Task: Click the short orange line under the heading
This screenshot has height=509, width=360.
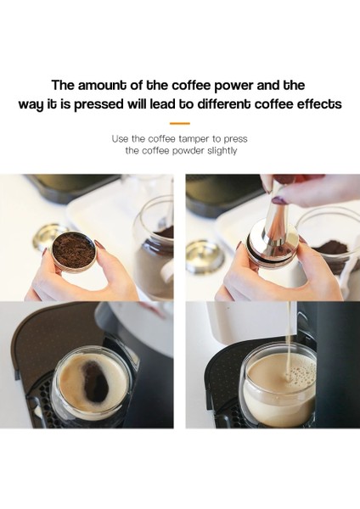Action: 180,123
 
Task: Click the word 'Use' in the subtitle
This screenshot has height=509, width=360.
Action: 121,137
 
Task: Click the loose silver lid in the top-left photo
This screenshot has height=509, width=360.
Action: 47,232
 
